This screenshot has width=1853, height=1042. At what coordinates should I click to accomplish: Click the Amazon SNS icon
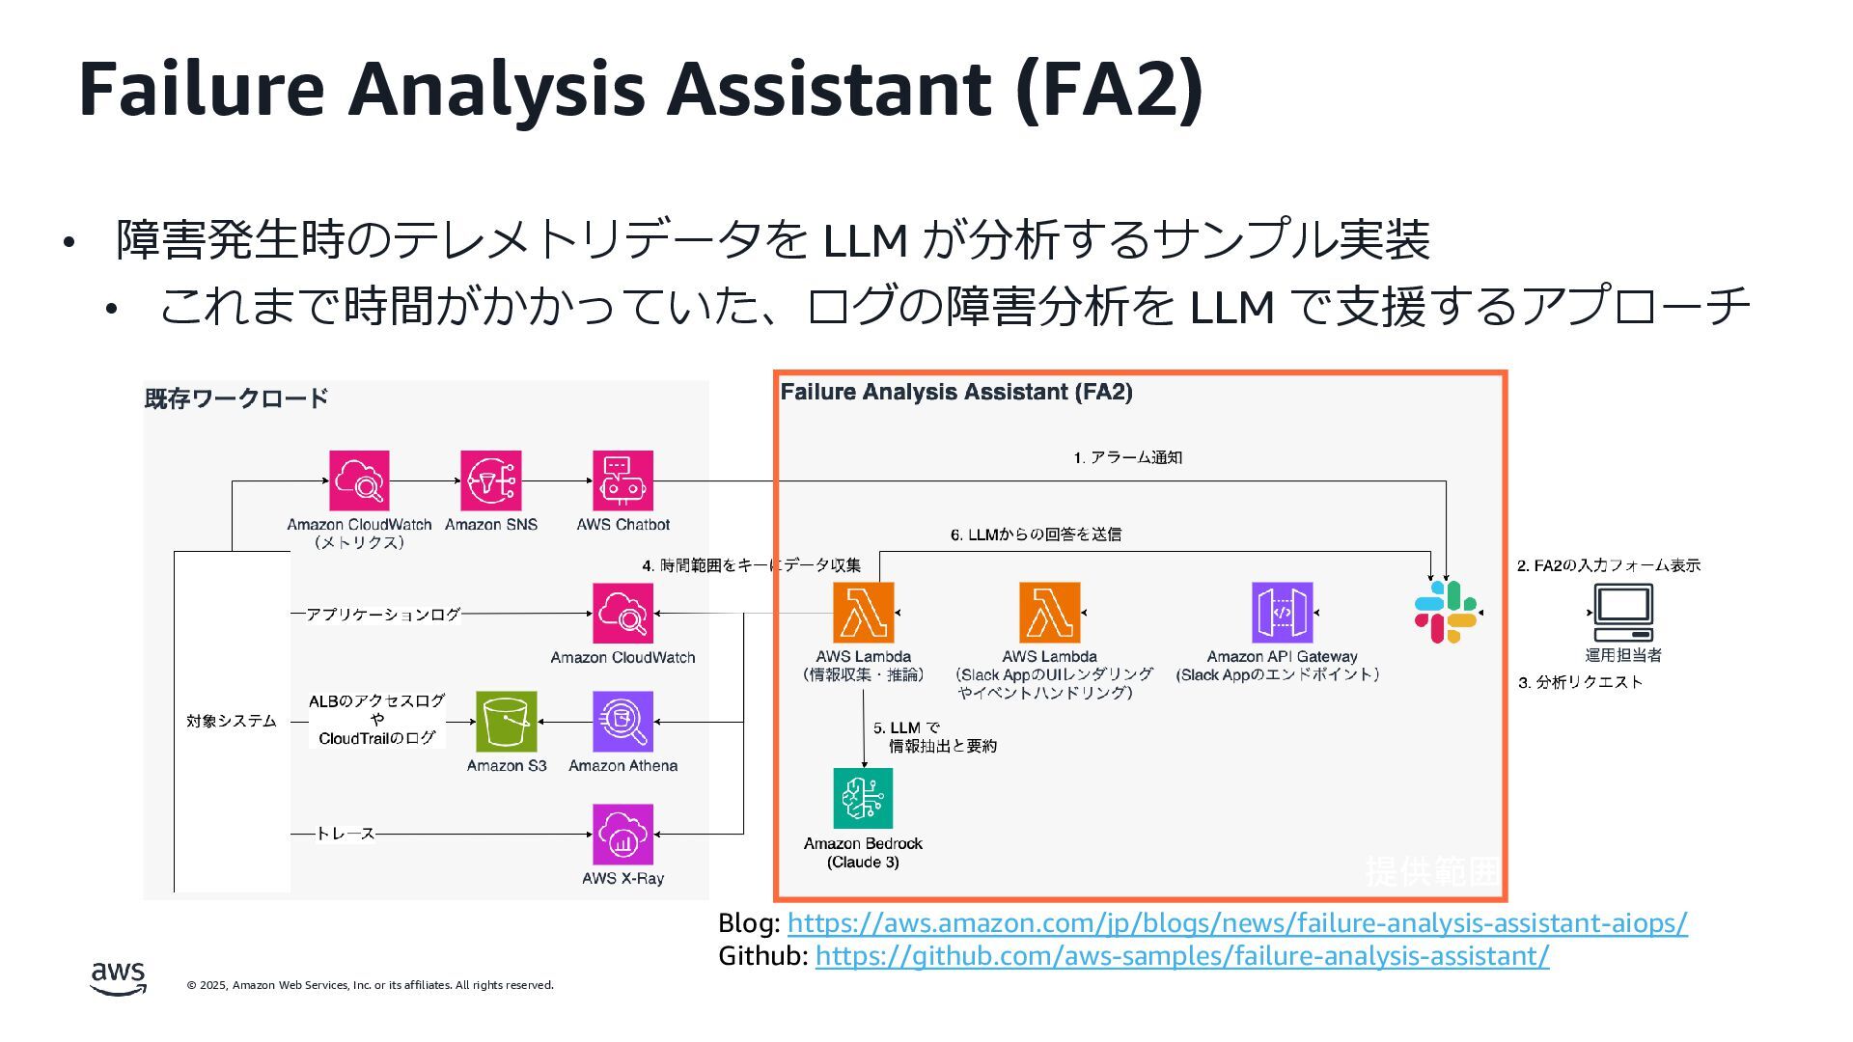[x=490, y=480]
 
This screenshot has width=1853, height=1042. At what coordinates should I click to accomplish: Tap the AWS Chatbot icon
[x=622, y=480]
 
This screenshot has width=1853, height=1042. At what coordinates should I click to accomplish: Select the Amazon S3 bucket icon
[x=506, y=722]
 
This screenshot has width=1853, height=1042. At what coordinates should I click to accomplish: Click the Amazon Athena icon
[x=622, y=722]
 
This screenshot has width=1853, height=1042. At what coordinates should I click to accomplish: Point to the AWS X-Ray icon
[x=622, y=835]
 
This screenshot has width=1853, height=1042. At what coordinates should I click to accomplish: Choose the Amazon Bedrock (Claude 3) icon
[x=863, y=798]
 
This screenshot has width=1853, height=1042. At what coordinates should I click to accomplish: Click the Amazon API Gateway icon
[x=1282, y=613]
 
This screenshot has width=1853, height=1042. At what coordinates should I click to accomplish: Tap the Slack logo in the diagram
[x=1445, y=613]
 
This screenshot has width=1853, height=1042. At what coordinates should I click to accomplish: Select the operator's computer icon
[x=1622, y=613]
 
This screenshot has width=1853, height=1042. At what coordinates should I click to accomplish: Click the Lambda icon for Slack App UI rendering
[x=1049, y=613]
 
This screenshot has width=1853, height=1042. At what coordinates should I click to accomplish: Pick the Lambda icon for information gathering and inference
[x=863, y=613]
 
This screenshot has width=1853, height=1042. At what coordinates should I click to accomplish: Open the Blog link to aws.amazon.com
[x=1237, y=923]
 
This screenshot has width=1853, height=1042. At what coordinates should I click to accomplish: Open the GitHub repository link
[x=1182, y=956]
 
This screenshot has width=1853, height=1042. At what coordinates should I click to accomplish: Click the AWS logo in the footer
[x=119, y=978]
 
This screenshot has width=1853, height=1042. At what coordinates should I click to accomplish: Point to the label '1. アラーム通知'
[x=1127, y=457]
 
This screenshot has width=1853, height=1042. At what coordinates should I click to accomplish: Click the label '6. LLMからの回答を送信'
[x=1036, y=535]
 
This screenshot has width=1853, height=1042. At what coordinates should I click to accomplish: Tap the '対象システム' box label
[x=232, y=721]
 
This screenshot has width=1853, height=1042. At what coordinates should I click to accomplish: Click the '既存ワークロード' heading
[x=236, y=398]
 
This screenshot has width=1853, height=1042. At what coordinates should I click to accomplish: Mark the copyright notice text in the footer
[x=371, y=985]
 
